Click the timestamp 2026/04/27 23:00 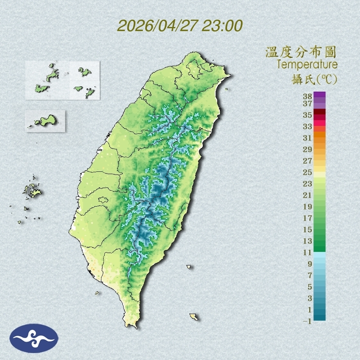click(180, 26)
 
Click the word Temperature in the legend click(307, 65)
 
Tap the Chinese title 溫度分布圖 click(301, 52)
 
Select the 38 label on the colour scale click(308, 97)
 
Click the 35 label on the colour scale click(308, 115)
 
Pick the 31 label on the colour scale click(308, 137)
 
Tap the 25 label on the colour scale click(308, 172)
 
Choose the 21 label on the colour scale click(308, 195)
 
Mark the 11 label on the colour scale click(308, 252)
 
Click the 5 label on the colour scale click(309, 286)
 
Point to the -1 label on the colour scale click(308, 321)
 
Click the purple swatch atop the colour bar click(320, 94)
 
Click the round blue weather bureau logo click(34, 338)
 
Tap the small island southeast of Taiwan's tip click(193, 317)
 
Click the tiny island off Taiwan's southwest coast click(97, 292)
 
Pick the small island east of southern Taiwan click(189, 267)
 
